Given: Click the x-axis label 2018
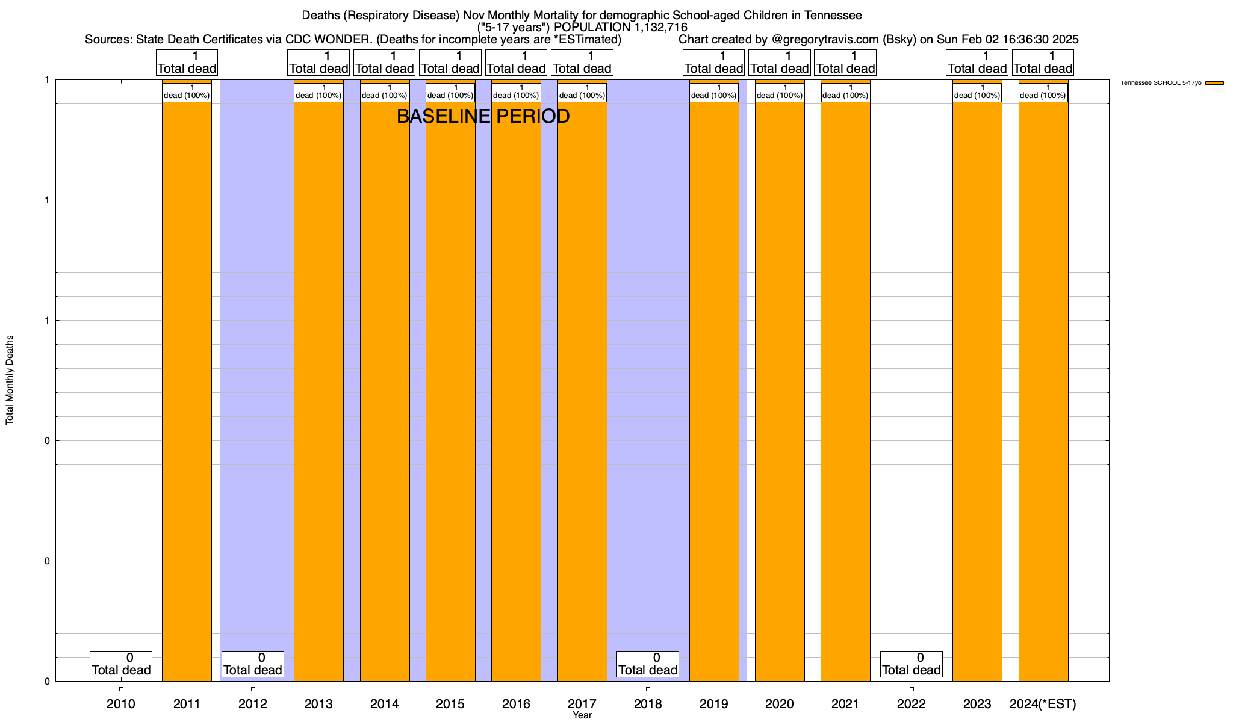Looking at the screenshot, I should [648, 704].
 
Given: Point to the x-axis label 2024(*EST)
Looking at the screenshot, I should [1043, 704].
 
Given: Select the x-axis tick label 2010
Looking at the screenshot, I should [121, 704].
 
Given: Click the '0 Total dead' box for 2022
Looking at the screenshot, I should [911, 664].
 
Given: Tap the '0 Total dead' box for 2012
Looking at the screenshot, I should [253, 664].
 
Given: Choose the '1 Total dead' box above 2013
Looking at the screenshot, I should [318, 63].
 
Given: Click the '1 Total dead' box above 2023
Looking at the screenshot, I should [977, 63].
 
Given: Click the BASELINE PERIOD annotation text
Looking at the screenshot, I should [483, 116].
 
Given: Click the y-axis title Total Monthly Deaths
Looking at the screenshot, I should [10, 380].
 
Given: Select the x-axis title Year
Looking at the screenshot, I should [582, 715].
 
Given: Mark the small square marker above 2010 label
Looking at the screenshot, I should [121, 689].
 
